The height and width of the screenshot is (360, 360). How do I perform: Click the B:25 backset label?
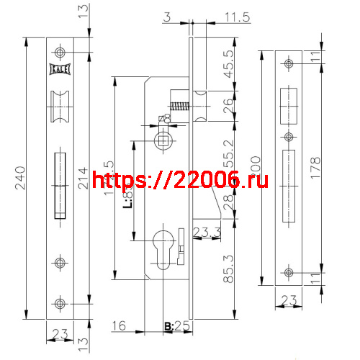point(176,327)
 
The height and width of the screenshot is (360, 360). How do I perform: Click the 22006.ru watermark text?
point(180,182)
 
